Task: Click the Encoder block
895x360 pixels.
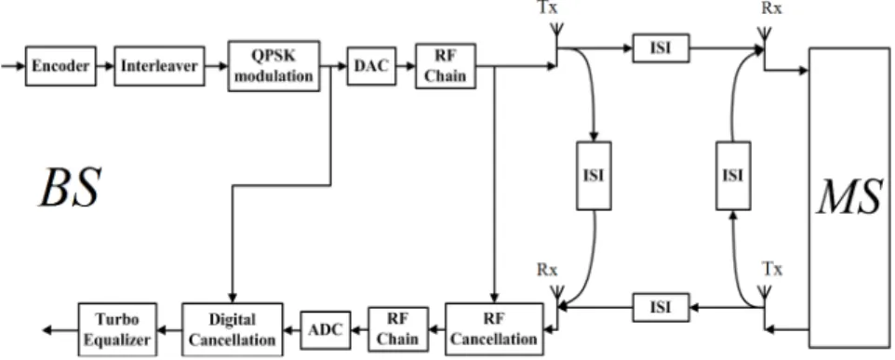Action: click(x=60, y=66)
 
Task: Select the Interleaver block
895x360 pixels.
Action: click(x=159, y=66)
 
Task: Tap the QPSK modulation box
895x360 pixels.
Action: click(x=274, y=66)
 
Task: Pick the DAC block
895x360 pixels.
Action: click(x=371, y=66)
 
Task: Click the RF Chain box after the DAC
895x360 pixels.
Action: click(x=446, y=66)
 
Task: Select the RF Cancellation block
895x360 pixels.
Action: click(x=494, y=328)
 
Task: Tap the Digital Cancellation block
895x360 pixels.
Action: click(x=233, y=328)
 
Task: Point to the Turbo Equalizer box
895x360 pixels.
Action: click(x=117, y=329)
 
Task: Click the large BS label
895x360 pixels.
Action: click(x=70, y=188)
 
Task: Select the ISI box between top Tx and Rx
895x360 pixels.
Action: click(x=661, y=48)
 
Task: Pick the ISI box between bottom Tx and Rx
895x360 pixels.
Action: click(x=661, y=307)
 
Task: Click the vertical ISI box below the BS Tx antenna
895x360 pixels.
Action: click(x=594, y=175)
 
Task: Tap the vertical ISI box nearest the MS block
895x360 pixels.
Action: click(x=733, y=175)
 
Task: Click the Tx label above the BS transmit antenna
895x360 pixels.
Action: click(x=548, y=8)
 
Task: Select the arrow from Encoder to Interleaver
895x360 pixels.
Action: click(x=105, y=66)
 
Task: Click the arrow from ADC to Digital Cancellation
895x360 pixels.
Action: click(x=292, y=329)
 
